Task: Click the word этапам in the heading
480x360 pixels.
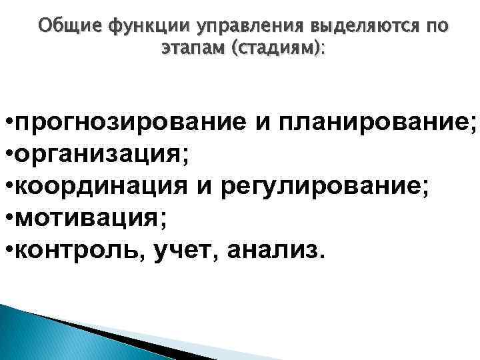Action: point(193,49)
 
